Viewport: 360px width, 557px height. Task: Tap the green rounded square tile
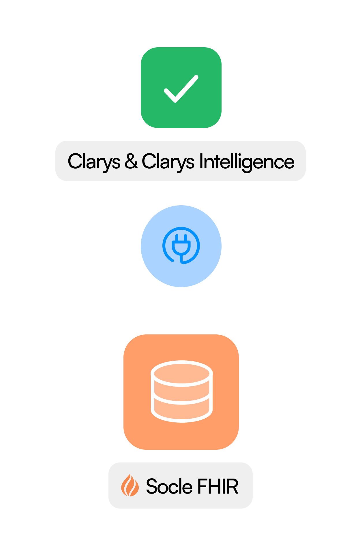181,88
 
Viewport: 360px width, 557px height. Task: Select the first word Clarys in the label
94,162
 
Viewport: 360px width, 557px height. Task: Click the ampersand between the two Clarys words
131,161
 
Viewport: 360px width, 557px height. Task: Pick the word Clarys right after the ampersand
168,162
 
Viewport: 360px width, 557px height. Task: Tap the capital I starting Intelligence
201,161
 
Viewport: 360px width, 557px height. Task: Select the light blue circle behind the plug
181,246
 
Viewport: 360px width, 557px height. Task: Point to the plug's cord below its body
181,259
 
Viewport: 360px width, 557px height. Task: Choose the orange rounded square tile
181,392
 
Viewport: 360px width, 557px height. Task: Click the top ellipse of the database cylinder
182,374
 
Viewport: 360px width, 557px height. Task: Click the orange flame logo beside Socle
130,486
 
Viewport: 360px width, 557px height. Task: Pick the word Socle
169,486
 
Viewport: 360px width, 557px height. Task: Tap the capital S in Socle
152,486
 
